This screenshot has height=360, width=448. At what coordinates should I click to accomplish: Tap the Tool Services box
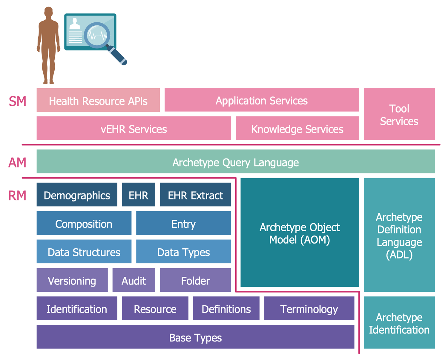click(x=399, y=114)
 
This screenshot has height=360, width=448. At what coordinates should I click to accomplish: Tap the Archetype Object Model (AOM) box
click(x=300, y=233)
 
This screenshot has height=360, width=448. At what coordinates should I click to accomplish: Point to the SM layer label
click(x=17, y=101)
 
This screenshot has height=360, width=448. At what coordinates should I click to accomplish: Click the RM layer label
click(x=17, y=196)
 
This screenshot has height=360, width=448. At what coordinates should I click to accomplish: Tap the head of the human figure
click(x=48, y=13)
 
